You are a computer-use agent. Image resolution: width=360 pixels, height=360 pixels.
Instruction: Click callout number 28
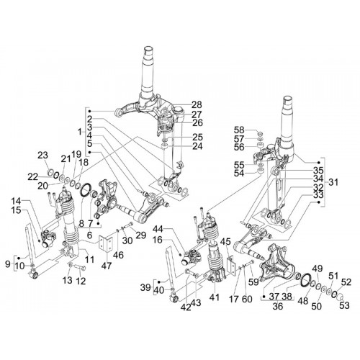197,105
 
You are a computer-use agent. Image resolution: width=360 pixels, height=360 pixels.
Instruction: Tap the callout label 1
80,132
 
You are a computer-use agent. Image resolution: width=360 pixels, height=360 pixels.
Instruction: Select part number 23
42,155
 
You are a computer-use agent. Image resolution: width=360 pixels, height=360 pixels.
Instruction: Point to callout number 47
107,266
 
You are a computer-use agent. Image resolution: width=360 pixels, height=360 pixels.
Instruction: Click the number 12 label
81,281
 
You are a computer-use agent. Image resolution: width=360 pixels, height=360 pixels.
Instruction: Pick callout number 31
333,182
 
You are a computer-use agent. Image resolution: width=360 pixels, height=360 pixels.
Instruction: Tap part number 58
239,130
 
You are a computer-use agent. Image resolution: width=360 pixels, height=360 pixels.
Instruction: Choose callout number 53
344,305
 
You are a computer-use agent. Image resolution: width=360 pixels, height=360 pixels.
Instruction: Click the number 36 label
278,306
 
